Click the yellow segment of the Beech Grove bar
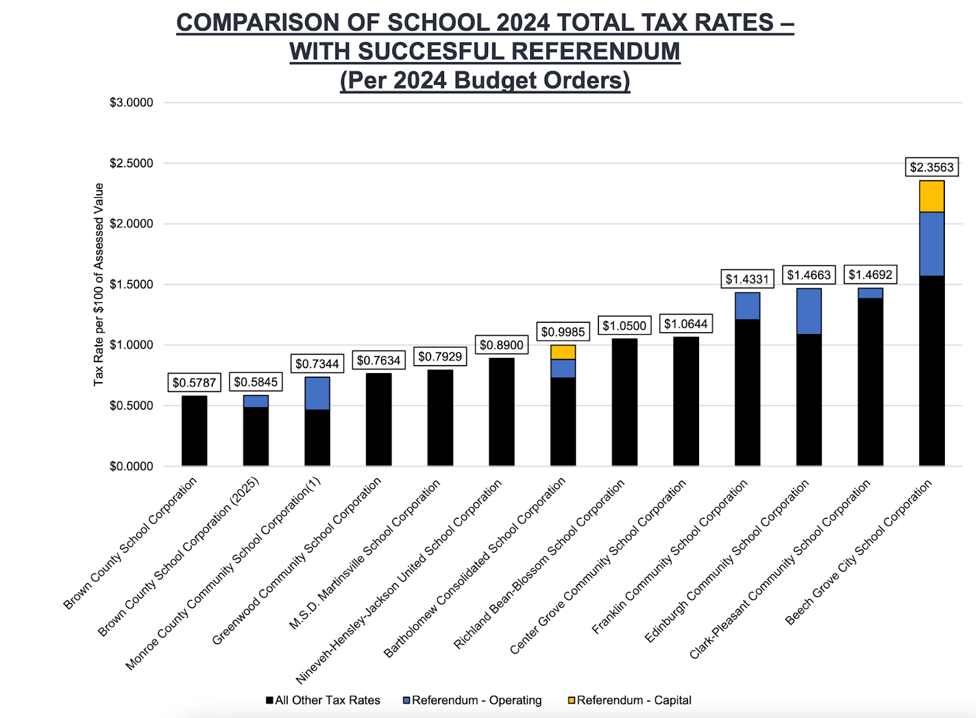coord(931,197)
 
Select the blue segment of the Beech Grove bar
coord(931,244)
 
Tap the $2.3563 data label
coord(931,167)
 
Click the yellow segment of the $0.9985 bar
coord(562,352)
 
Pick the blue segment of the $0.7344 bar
coord(317,394)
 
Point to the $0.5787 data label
coord(194,383)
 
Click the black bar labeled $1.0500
coord(624,403)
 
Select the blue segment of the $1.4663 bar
coord(809,311)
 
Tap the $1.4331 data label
coord(747,279)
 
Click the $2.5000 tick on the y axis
coord(131,164)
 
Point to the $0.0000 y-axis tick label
coord(131,466)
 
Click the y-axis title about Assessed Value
coord(99,285)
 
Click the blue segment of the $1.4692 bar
coord(870,293)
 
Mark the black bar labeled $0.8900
coord(501,412)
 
